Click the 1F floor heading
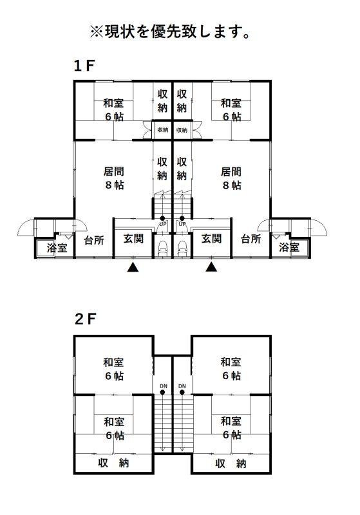(84, 66)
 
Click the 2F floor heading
(85, 319)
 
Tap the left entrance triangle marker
(133, 267)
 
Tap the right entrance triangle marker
(211, 267)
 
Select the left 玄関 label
(133, 238)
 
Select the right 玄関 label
(211, 238)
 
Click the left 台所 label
(94, 240)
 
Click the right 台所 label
(251, 239)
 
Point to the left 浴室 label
(57, 247)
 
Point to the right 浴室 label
(289, 247)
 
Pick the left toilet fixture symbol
(162, 248)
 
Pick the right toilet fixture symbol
(182, 248)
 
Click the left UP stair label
(162, 224)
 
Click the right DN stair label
(182, 386)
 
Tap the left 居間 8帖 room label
(114, 178)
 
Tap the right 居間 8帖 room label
(231, 178)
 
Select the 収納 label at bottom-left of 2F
(113, 463)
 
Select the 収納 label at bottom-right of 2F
(231, 464)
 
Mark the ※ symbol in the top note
(97, 32)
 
